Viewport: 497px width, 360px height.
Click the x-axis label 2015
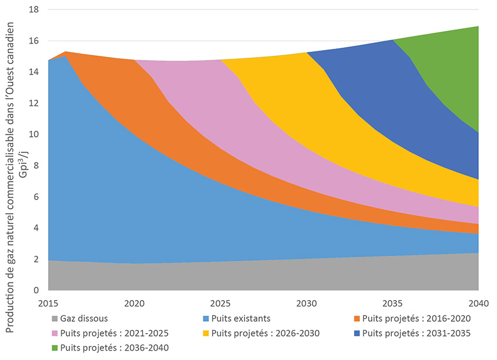click(48, 304)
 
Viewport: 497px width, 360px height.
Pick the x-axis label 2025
click(220, 304)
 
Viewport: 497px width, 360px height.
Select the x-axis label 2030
click(306, 304)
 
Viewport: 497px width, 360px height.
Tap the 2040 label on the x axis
click(478, 304)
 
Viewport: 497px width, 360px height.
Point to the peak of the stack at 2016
click(66, 52)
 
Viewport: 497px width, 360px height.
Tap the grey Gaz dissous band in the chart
click(235, 276)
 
